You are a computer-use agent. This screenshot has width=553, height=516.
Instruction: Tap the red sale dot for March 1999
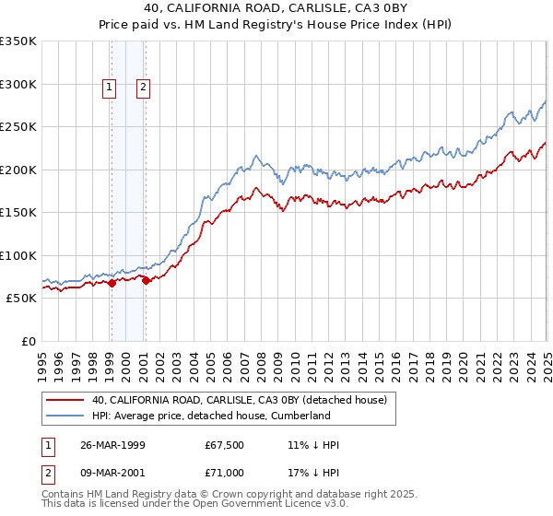[x=112, y=283]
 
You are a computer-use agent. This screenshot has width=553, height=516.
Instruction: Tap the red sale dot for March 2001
[x=146, y=280]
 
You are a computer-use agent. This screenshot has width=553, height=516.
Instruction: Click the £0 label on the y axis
[x=29, y=341]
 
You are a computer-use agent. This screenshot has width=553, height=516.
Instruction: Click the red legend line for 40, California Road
[x=65, y=400]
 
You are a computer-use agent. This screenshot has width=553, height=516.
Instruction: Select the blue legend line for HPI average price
[x=65, y=416]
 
